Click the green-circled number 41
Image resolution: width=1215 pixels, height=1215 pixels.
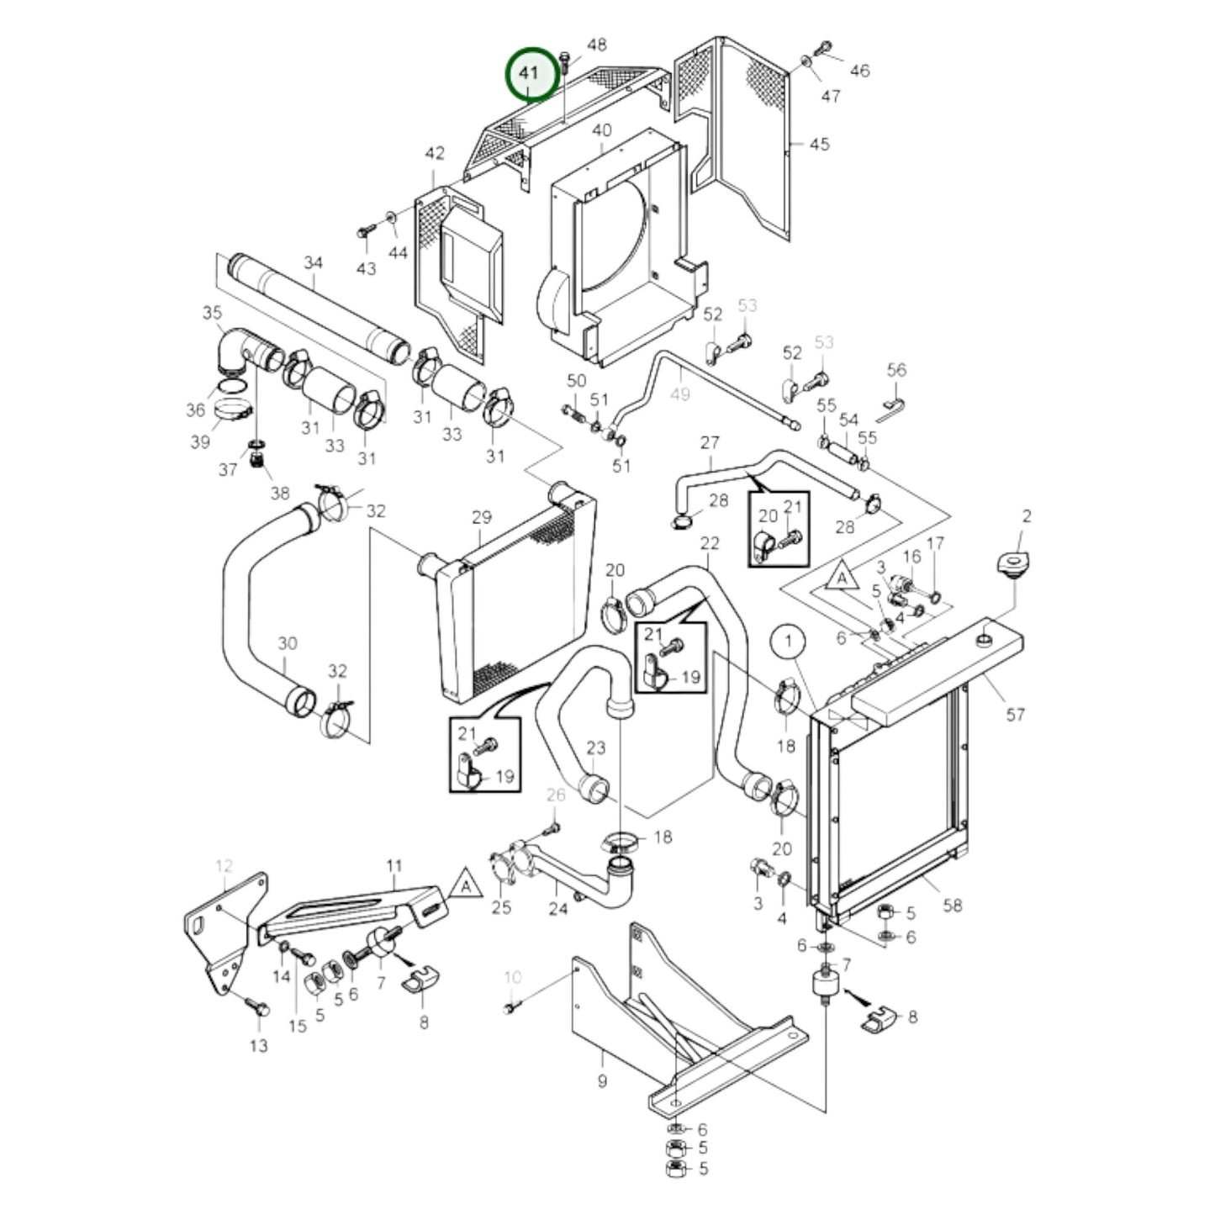point(529,74)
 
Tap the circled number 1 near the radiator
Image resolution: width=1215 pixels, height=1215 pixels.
point(788,642)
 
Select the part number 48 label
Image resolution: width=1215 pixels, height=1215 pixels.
point(596,45)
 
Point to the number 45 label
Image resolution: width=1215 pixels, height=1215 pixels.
point(819,145)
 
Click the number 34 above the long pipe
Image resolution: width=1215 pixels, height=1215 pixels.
point(314,262)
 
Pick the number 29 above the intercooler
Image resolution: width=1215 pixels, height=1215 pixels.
point(481,518)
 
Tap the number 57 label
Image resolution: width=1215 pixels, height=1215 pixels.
point(1015,715)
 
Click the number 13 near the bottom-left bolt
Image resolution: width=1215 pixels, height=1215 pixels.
point(258,1045)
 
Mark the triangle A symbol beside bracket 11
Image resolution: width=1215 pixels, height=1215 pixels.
point(466,884)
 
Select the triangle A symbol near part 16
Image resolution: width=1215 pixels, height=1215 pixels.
point(841,576)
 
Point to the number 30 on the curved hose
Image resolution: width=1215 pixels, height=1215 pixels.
point(287,644)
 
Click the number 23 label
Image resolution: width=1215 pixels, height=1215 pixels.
point(596,747)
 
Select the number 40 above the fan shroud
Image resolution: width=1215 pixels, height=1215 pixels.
point(601,130)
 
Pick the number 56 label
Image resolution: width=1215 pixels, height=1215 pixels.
point(896,370)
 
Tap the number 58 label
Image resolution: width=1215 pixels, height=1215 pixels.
point(952,906)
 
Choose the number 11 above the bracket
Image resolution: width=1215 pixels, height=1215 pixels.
point(394,866)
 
